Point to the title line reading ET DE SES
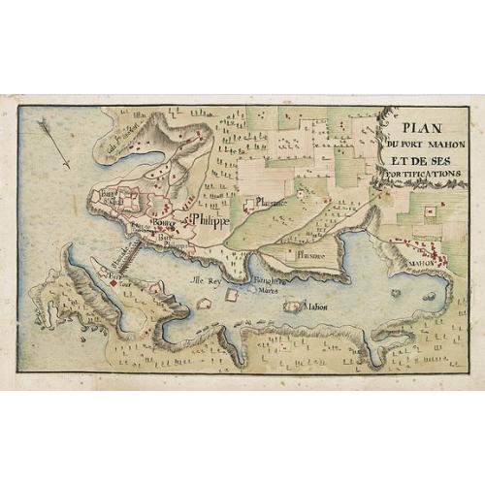[420, 159]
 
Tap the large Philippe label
[210, 222]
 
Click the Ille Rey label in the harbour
[206, 279]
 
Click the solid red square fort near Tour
[113, 282]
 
